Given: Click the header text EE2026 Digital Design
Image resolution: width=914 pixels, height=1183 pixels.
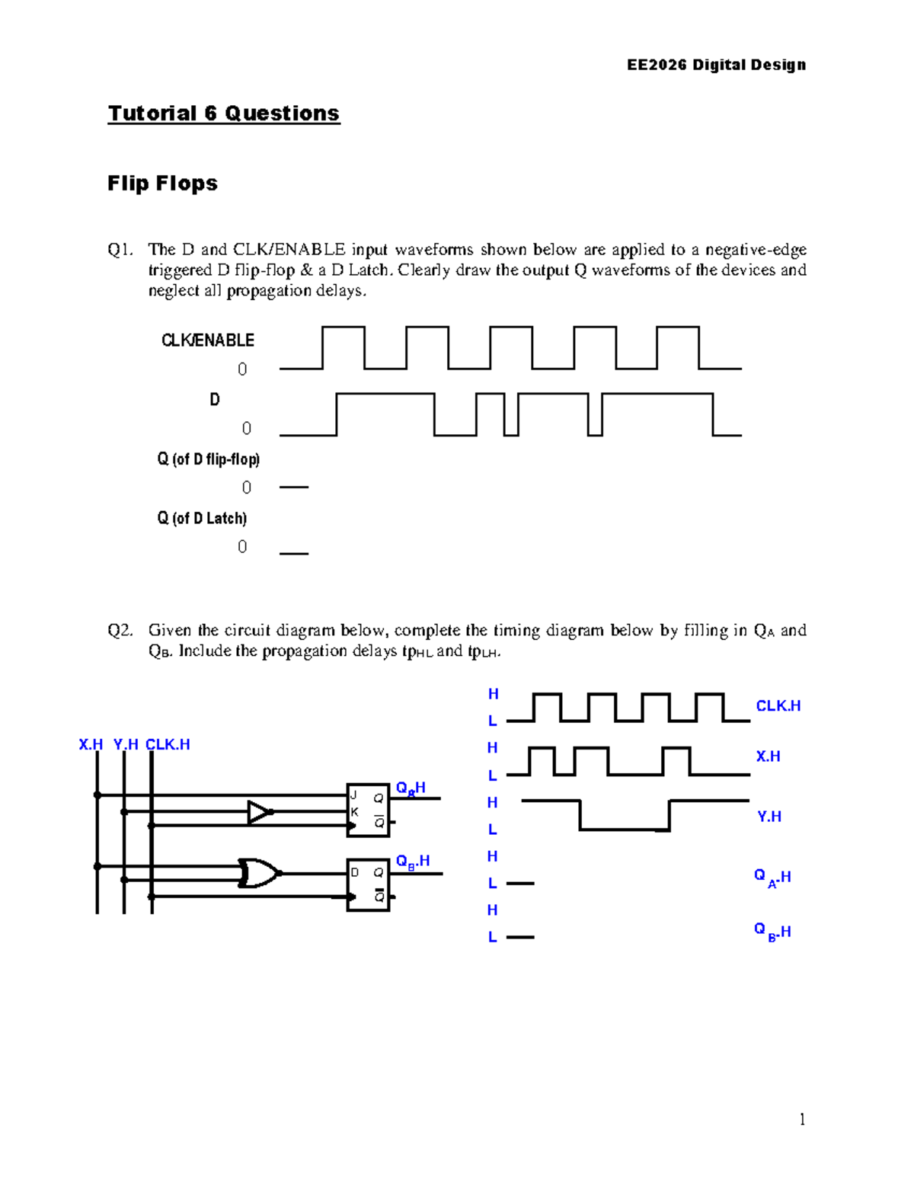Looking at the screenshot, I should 716,65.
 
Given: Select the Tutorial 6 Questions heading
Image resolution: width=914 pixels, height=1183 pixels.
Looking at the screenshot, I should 223,114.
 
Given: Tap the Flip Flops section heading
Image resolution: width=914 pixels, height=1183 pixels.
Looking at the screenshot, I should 162,184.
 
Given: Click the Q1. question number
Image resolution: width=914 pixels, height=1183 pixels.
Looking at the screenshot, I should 120,250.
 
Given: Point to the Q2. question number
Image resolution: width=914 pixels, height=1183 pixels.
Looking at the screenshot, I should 120,631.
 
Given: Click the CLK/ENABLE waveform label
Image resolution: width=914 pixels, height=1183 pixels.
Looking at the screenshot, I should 207,341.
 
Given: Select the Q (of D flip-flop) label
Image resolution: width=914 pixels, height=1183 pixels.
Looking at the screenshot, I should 208,459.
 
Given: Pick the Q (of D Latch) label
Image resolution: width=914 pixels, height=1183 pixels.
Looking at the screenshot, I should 202,519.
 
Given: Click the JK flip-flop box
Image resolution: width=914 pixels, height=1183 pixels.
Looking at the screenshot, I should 368,810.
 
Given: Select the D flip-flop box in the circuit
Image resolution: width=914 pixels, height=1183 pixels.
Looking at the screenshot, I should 368,884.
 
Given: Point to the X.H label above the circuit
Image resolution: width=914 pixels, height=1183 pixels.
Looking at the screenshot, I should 91,745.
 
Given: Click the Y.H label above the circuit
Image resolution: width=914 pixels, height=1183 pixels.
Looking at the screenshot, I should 126,745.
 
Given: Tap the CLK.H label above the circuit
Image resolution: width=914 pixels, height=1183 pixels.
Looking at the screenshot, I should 168,745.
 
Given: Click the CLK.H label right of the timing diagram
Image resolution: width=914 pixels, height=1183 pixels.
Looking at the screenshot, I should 778,706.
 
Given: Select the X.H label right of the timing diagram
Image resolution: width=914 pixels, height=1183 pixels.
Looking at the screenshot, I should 768,756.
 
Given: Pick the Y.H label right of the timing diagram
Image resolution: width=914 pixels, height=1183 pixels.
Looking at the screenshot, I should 769,817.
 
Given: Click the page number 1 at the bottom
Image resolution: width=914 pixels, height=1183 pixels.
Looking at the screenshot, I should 802,1119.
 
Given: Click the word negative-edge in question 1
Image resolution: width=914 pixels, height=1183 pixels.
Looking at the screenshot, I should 756,250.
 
